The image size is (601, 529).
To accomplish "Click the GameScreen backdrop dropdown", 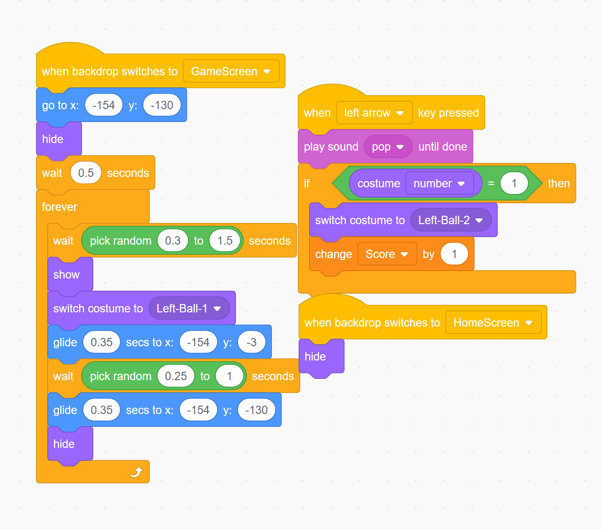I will coord(231,72).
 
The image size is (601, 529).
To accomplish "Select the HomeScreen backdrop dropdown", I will coord(493,323).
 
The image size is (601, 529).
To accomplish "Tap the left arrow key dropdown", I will coord(374,113).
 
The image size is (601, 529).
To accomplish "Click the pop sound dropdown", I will coord(388,147).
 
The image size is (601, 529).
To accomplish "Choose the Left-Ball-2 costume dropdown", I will coord(450,220).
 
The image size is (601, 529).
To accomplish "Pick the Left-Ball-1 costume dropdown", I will coord(189,309).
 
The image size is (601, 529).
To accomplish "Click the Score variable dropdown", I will coord(387,254).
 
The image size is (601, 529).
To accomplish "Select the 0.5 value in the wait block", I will coord(86,173).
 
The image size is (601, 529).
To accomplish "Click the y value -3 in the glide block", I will coord(251,342).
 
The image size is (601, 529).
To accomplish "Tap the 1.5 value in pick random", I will coord(225,241).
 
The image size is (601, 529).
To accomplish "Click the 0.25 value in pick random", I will coord(176,376).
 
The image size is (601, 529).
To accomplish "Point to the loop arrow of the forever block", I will coord(136,472).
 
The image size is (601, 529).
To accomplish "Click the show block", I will coord(66,275).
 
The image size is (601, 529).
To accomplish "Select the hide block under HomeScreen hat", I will coord(315,357).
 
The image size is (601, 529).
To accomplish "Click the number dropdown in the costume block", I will coord(439,184).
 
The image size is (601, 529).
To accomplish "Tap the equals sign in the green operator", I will coord(491,184).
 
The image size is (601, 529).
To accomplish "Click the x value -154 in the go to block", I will coord(103,105).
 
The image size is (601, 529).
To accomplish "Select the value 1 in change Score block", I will coord(454,254).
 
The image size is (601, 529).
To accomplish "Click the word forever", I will coord(59,207).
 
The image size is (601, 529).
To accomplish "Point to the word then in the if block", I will coord(559,184).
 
